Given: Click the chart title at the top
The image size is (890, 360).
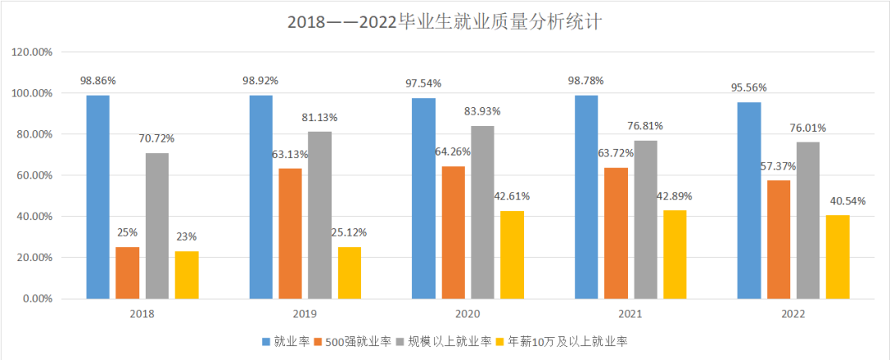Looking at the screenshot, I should (x=445, y=21).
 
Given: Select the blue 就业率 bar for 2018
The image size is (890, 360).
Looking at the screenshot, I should (x=98, y=197).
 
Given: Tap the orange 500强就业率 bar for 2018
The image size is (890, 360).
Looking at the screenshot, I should (x=128, y=273).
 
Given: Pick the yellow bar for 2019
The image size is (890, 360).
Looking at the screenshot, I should (x=349, y=273).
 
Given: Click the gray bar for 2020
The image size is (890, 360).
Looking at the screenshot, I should (x=482, y=213).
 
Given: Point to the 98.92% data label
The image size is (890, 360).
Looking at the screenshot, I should (x=260, y=81).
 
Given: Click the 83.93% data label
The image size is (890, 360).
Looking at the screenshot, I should (x=483, y=111).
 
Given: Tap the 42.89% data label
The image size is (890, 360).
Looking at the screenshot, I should (x=675, y=196).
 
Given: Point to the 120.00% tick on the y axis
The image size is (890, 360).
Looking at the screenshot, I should (x=32, y=52).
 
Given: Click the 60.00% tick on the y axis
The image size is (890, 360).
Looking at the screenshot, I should (x=32, y=175).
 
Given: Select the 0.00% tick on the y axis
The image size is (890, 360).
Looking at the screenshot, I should (x=35, y=299).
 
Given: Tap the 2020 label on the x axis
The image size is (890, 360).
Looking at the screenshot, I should (x=467, y=314).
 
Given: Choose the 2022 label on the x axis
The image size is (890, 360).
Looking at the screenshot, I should (x=793, y=314).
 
